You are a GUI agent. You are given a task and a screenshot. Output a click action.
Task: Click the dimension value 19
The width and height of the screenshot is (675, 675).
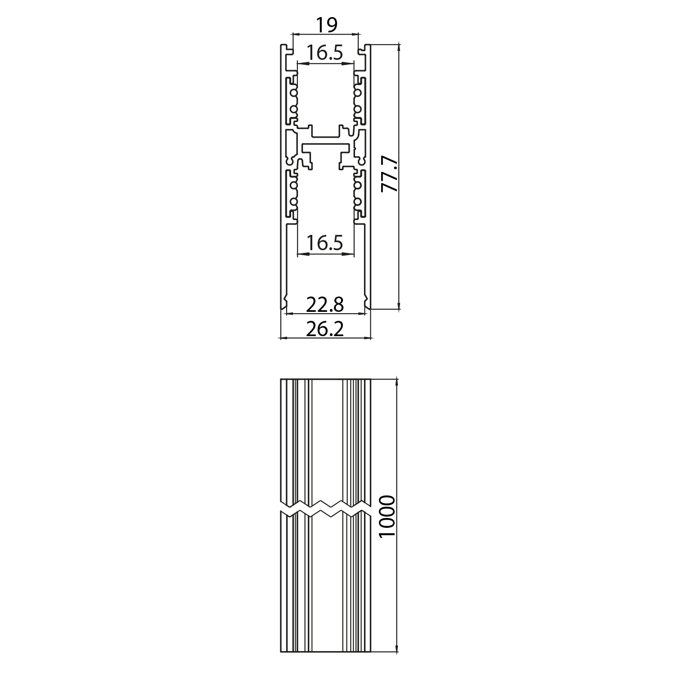point(326,25)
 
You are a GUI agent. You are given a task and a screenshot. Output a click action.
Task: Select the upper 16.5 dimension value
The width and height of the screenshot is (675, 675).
point(324,53)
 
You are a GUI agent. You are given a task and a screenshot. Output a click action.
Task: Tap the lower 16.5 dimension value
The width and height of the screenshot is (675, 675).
point(324,243)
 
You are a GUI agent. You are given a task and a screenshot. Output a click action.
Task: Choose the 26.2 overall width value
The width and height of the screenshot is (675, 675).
point(325,329)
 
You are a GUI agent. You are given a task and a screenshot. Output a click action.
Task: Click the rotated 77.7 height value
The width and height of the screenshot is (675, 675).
point(390,174)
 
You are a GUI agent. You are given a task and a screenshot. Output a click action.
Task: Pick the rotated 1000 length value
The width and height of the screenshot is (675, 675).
point(387,516)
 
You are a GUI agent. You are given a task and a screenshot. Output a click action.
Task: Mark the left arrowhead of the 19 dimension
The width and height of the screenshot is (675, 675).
point(295,33)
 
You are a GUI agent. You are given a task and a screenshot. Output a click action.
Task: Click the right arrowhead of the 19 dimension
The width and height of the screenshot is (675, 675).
point(356,33)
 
